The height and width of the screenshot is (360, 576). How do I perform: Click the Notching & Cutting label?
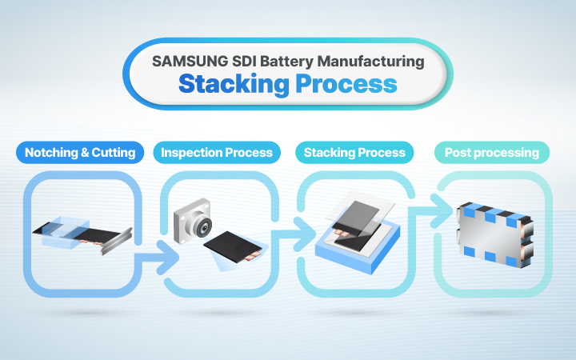80,152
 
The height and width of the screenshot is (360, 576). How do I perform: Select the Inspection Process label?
217,152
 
